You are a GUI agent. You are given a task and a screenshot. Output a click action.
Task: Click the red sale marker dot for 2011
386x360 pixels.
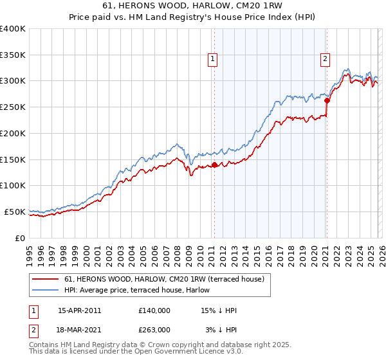click(214, 165)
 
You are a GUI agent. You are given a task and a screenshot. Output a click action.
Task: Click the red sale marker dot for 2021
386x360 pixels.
click(327, 100)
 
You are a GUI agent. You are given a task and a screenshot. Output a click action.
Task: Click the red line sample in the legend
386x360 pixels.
click(46, 279)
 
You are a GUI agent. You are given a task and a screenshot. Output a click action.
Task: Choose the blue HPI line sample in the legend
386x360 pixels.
click(46, 290)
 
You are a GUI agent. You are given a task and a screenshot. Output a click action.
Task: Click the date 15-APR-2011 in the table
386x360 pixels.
click(79, 310)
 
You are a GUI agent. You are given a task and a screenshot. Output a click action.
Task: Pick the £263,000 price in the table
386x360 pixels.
click(154, 330)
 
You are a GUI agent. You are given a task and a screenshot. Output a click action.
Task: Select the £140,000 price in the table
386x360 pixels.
click(154, 310)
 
